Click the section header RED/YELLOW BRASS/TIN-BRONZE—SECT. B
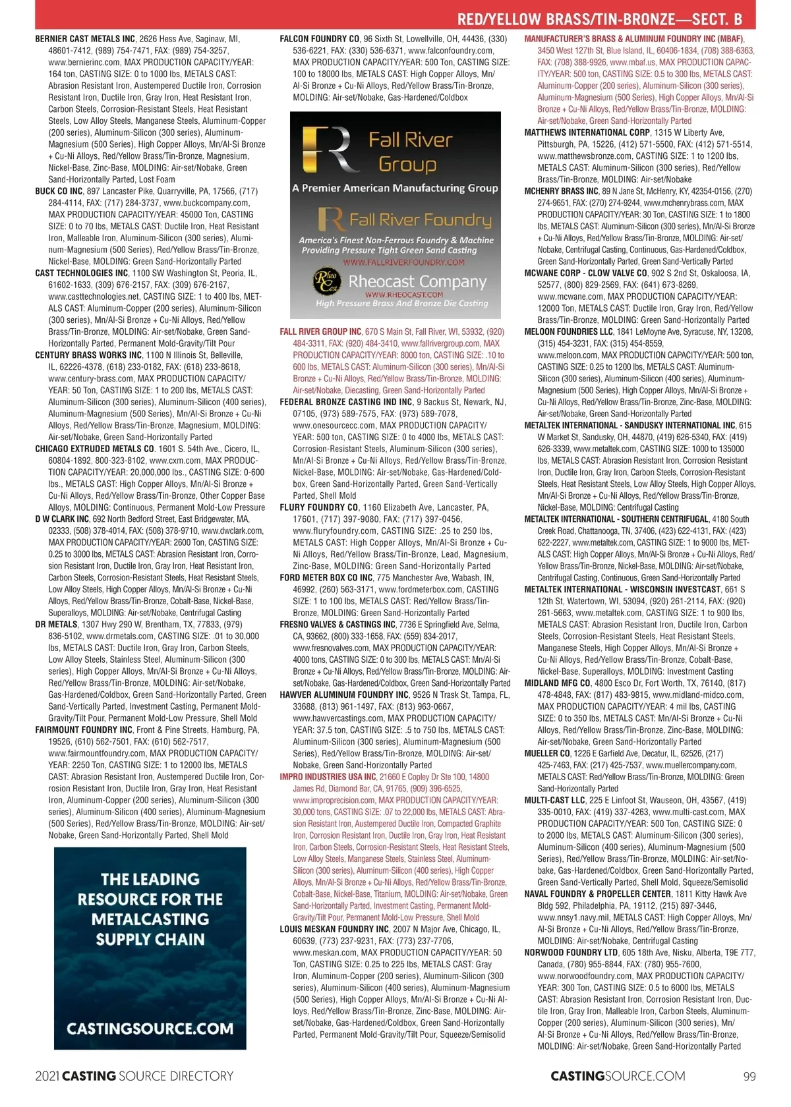pos(599,18)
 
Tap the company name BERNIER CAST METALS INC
pos(85,39)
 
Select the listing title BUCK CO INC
pos(59,191)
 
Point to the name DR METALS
pos(56,625)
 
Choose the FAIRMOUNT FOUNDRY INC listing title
pos(84,730)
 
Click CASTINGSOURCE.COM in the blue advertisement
pos(150,1029)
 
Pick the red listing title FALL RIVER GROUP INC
pos(320,331)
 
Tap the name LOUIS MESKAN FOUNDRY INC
pos(334,929)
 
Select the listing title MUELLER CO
pos(547,753)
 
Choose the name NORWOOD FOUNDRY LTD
pos(571,953)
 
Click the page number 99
pos(749,1077)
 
